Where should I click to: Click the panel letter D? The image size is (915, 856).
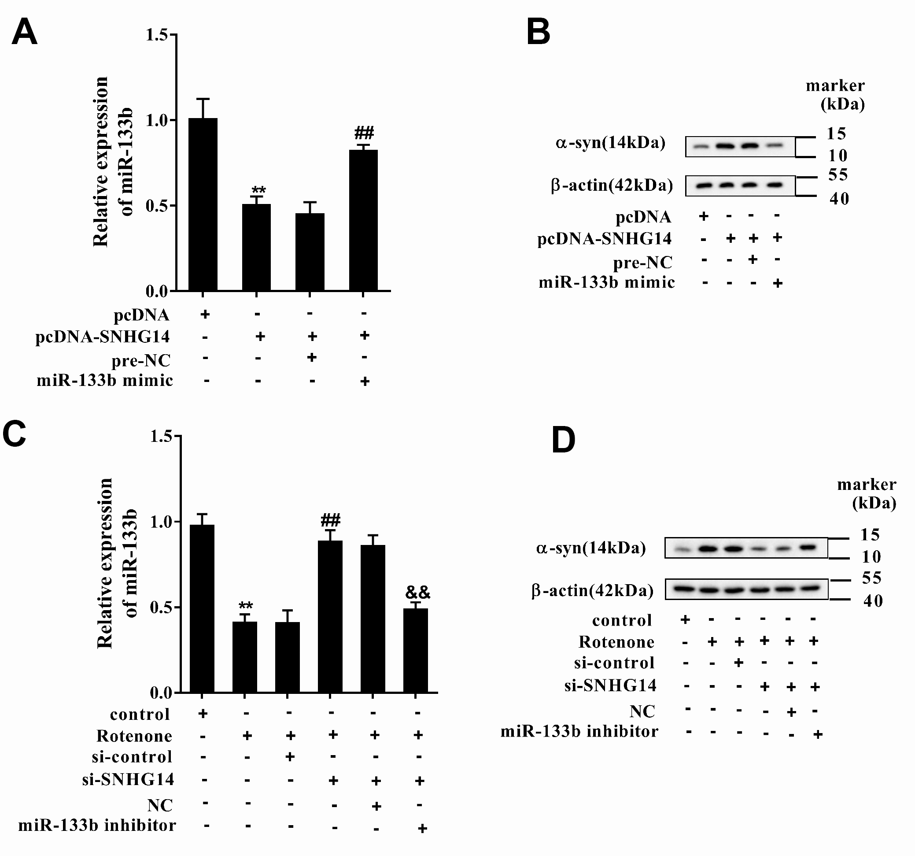(563, 440)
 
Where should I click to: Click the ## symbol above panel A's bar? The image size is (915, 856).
(364, 133)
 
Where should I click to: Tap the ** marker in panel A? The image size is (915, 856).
(258, 190)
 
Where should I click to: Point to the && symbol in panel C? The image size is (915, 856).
(417, 592)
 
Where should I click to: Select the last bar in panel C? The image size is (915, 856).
(416, 650)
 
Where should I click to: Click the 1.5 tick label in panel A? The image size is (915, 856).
(156, 35)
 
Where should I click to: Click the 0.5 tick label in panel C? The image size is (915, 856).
(161, 607)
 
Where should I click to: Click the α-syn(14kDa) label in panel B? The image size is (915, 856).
(610, 143)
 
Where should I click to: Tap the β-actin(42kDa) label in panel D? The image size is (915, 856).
(592, 590)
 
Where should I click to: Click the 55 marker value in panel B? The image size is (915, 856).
(838, 175)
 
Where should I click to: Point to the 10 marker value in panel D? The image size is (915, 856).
(871, 557)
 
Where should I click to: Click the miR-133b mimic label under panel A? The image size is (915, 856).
(104, 380)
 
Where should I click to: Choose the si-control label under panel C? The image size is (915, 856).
(132, 756)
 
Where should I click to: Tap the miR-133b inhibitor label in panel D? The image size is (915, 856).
(579, 731)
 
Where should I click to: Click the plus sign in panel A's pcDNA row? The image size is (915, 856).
(205, 315)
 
